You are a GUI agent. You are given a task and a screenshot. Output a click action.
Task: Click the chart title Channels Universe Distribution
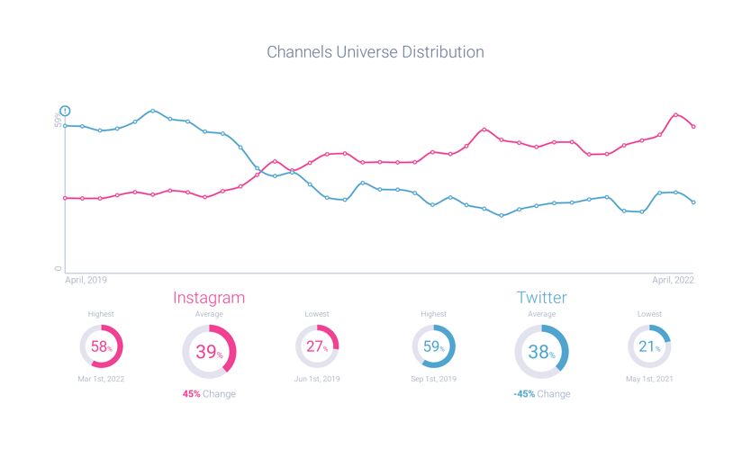pyautogui.click(x=375, y=52)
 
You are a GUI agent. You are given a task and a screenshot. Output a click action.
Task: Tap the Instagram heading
pyautogui.click(x=209, y=297)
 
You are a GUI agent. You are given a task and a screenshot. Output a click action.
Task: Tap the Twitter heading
pyautogui.click(x=541, y=297)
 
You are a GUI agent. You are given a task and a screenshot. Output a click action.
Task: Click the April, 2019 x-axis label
pyautogui.click(x=86, y=281)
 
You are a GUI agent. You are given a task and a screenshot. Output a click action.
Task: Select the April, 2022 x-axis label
pyautogui.click(x=673, y=281)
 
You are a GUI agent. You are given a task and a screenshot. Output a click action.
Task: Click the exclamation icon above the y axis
pyautogui.click(x=65, y=112)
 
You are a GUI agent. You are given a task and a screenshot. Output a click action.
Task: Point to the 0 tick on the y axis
pyautogui.click(x=59, y=268)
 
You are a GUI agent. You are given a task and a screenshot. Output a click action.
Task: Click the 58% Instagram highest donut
pyautogui.click(x=101, y=346)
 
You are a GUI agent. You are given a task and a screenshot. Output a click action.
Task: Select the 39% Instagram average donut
pyautogui.click(x=209, y=352)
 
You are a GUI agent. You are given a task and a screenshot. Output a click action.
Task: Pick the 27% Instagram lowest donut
pyautogui.click(x=317, y=346)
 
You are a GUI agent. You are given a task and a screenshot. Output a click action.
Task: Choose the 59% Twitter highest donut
pyautogui.click(x=433, y=346)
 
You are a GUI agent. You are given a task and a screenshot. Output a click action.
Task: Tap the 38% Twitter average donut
pyautogui.click(x=541, y=352)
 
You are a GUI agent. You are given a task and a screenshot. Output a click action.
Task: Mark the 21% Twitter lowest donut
pyautogui.click(x=649, y=346)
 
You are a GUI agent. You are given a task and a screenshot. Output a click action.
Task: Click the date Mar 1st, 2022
pyautogui.click(x=101, y=379)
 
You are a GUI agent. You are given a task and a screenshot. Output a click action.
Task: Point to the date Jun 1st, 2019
pyautogui.click(x=317, y=379)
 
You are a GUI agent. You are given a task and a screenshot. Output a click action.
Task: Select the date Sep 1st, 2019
pyautogui.click(x=433, y=379)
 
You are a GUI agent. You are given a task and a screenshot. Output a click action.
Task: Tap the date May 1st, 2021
pyautogui.click(x=649, y=379)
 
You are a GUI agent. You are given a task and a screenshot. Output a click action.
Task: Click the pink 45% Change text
pyautogui.click(x=209, y=394)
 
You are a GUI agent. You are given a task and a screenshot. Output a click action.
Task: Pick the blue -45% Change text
pyautogui.click(x=541, y=394)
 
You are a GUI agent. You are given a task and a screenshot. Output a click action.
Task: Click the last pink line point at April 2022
pyautogui.click(x=693, y=127)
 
